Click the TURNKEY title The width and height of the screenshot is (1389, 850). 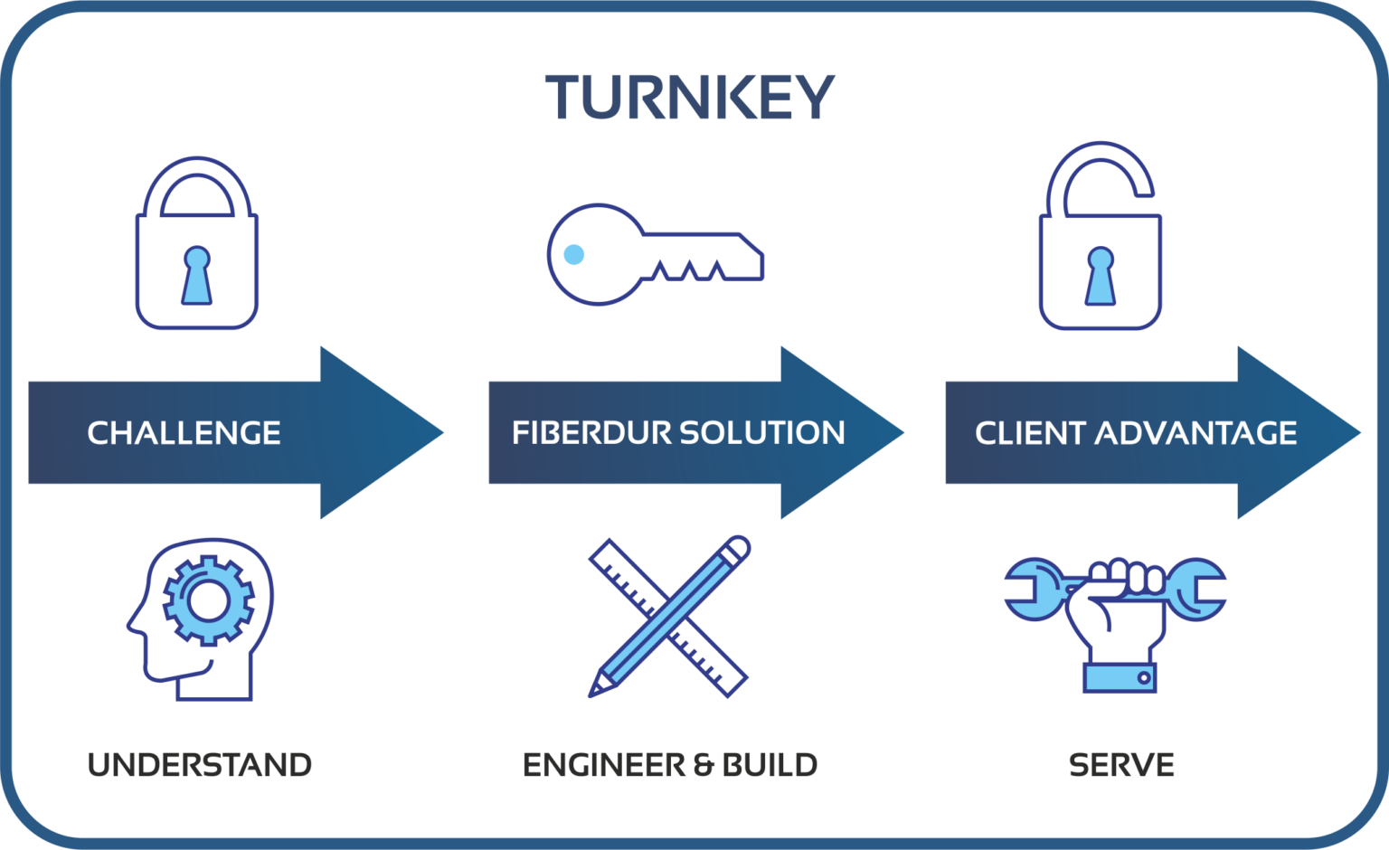coord(689,97)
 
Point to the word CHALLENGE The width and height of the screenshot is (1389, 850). coord(184,433)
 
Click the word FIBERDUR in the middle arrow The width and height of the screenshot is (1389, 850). coord(591,433)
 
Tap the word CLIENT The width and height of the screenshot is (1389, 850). coord(1030,433)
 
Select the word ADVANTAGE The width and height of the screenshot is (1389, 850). coord(1195,433)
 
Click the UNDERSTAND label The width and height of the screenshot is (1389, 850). coord(200,765)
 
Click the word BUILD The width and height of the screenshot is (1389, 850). coord(769,765)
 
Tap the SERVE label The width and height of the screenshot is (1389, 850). coord(1121,765)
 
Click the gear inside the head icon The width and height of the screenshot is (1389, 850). coord(207,599)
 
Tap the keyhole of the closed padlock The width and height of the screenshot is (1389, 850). coord(196,275)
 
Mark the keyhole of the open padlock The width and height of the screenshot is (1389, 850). coord(1101,275)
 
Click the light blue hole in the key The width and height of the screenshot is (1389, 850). coord(574,254)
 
